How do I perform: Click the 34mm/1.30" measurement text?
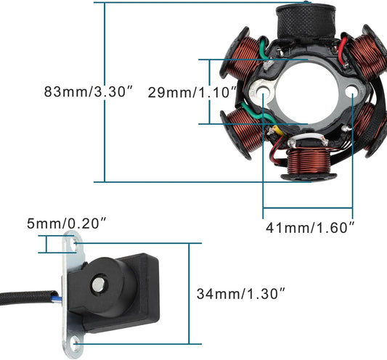(x=241, y=293)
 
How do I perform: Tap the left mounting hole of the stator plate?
(x=262, y=91)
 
